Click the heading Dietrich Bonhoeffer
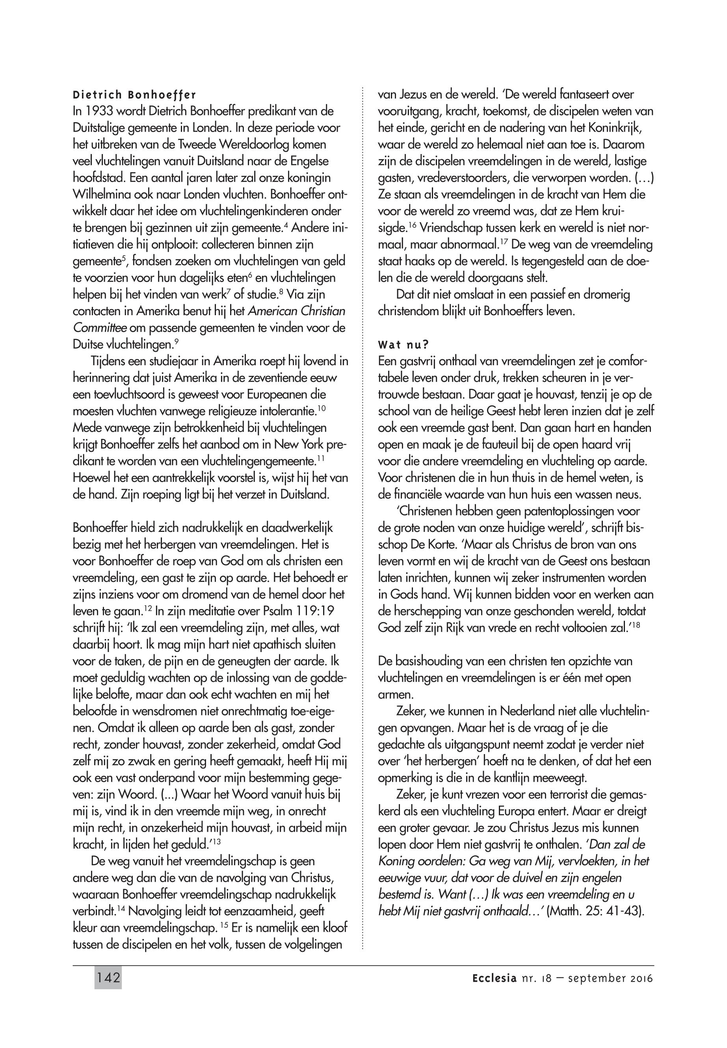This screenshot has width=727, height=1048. click(134, 95)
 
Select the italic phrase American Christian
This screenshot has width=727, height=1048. click(296, 312)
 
